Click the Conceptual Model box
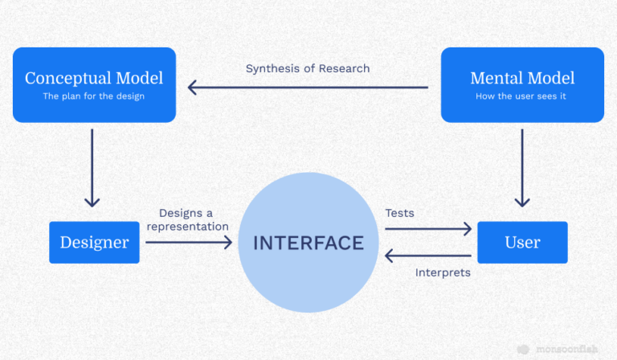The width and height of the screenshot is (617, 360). (x=94, y=85)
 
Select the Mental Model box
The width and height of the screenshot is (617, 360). (x=522, y=85)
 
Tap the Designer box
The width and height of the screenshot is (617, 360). (x=94, y=243)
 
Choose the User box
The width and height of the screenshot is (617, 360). (x=522, y=243)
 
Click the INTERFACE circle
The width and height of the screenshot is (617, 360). (x=308, y=243)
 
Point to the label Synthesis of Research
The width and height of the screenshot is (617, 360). (x=308, y=68)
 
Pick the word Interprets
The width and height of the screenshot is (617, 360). (x=443, y=272)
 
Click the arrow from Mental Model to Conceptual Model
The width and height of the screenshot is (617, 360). (x=308, y=87)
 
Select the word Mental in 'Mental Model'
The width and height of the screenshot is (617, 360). (x=496, y=78)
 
